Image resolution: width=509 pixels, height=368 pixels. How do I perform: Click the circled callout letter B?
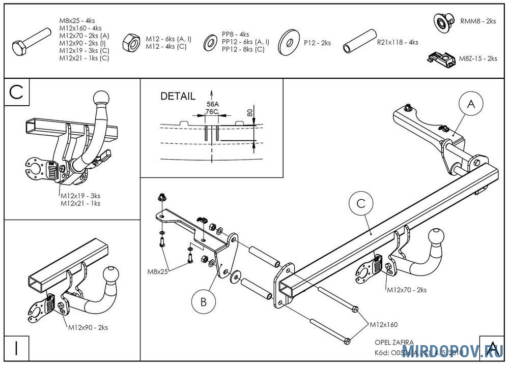(x=203, y=302)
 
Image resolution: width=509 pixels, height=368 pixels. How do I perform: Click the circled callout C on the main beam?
(x=360, y=203)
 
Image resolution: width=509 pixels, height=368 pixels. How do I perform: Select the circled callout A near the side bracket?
(x=471, y=104)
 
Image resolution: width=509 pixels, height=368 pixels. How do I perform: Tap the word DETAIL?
(x=178, y=96)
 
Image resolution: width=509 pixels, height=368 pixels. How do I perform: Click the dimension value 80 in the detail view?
(x=249, y=112)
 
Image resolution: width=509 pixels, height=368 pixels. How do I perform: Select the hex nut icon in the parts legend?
(x=132, y=43)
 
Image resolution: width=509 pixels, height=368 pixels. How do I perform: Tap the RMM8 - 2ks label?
(x=477, y=21)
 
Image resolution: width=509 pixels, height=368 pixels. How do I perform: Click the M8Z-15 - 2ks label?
(x=478, y=59)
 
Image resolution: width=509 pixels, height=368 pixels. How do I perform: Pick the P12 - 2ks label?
(x=317, y=43)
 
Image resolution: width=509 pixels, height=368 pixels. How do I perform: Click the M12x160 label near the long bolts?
(x=383, y=324)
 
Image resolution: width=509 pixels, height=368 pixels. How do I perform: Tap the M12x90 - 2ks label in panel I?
(x=88, y=328)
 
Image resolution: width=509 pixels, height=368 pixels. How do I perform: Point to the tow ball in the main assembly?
(x=436, y=238)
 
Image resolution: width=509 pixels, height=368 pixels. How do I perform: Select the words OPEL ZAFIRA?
(x=394, y=343)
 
